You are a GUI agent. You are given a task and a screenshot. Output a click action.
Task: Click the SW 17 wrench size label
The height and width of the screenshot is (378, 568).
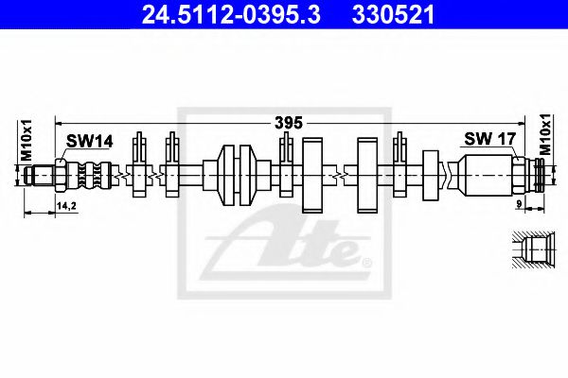click(x=488, y=139)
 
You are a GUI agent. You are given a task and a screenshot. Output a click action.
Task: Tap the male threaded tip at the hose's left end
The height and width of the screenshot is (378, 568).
click(x=41, y=174)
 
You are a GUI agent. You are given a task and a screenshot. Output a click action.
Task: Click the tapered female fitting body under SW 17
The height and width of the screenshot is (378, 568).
click(x=488, y=174)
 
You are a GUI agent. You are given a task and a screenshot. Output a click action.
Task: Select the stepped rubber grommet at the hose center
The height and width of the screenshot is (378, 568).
click(x=237, y=174)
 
